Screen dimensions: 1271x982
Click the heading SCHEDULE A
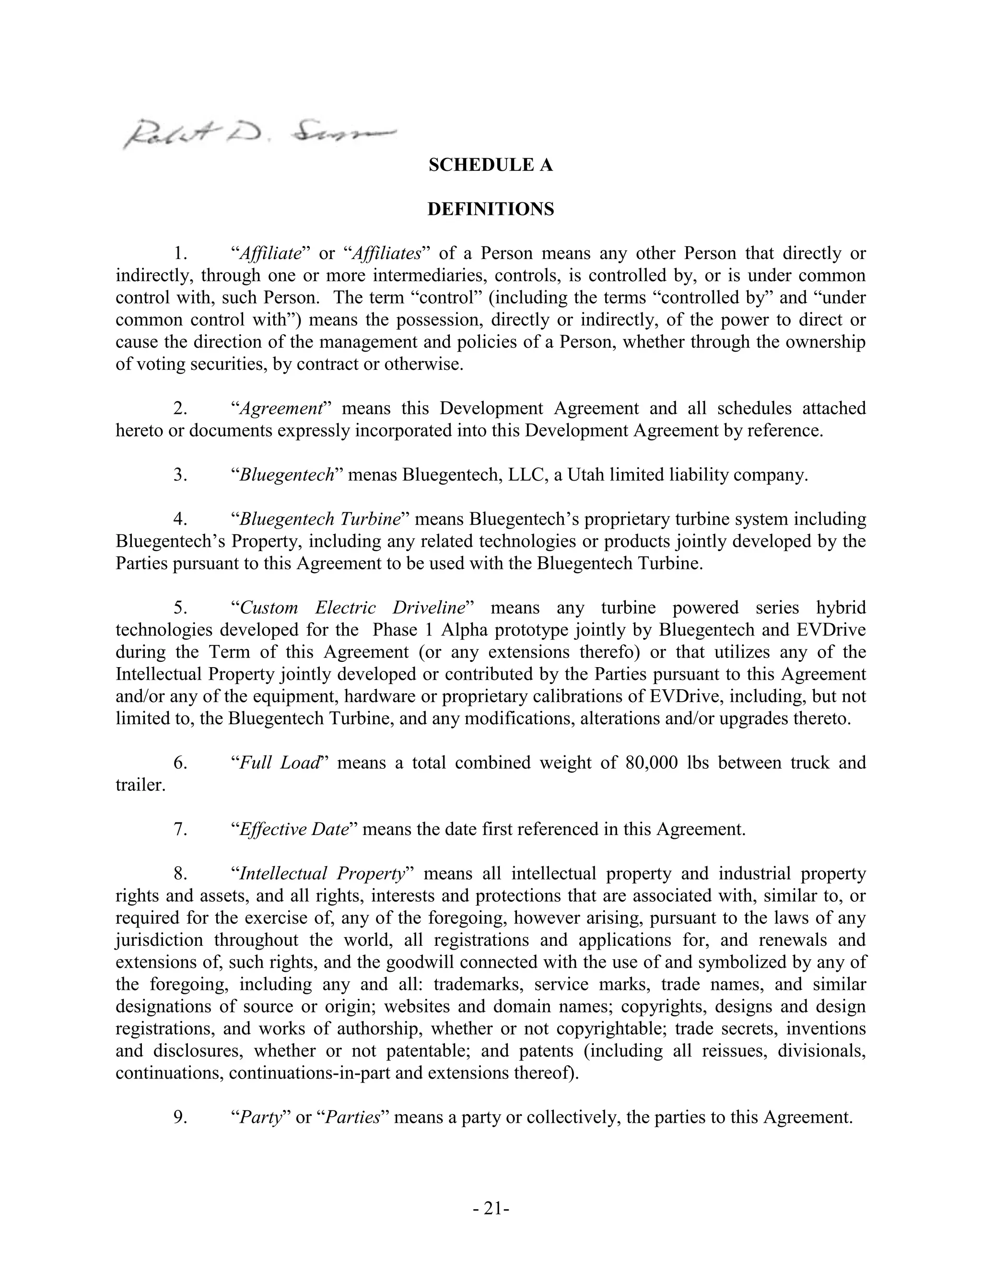491,165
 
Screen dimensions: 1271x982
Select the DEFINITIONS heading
491,210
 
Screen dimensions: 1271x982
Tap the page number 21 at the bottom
491,1209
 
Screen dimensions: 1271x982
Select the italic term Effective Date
294,829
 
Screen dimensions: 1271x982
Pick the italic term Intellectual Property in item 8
322,873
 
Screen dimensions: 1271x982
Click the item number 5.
180,608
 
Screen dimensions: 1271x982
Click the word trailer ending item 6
140,785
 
